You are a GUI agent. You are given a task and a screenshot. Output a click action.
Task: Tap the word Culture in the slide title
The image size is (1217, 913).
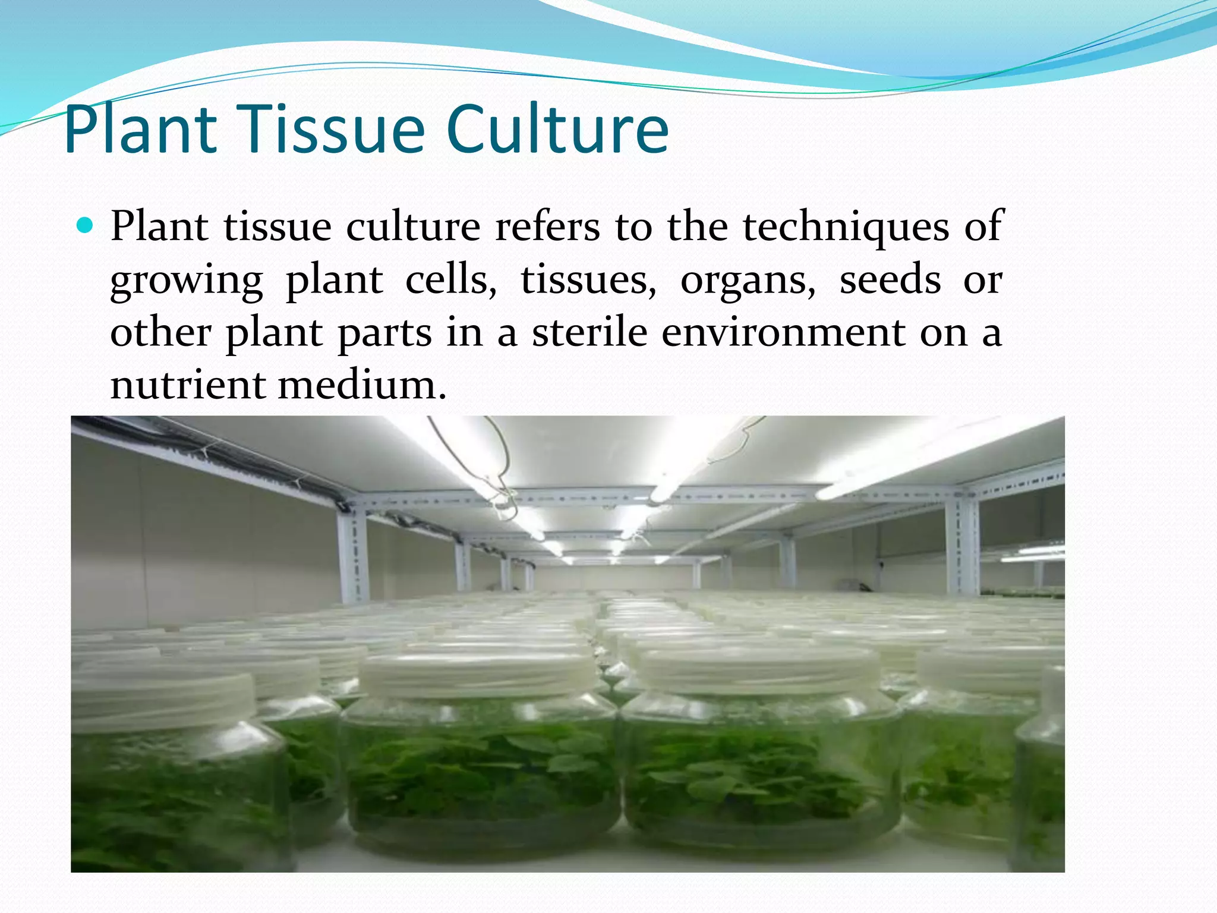point(557,130)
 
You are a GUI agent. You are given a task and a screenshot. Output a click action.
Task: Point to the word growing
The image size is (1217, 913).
point(187,281)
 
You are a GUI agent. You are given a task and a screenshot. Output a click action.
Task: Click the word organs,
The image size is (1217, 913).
point(748,281)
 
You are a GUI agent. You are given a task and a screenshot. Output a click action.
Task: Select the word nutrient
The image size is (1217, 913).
point(187,385)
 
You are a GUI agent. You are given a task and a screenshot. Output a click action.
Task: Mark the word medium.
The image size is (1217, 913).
point(361,385)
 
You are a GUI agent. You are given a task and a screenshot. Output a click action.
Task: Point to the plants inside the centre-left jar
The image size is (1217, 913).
point(481,773)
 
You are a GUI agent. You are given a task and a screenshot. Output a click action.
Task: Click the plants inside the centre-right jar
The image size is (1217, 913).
point(761,773)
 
